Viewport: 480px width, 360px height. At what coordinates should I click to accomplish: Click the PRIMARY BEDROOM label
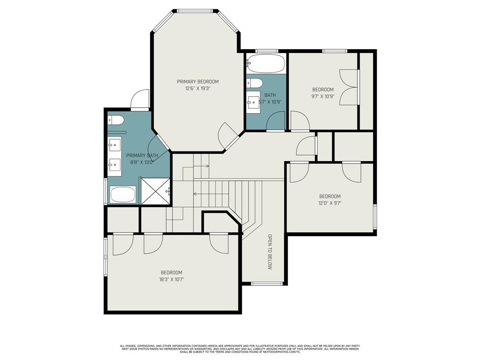click(197, 82)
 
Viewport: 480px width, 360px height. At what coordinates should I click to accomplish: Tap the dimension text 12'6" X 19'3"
click(197, 88)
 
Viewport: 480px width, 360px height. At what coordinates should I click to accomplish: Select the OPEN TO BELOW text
click(270, 252)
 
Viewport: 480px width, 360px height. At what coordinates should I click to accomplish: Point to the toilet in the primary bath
click(116, 120)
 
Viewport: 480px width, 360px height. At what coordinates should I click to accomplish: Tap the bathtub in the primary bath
click(123, 194)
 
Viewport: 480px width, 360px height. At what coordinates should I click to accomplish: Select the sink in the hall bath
click(254, 100)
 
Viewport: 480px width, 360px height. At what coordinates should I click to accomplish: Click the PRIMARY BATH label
click(142, 156)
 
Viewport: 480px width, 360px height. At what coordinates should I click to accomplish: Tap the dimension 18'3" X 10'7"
click(172, 279)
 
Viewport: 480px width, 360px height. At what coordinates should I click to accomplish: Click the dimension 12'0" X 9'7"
click(330, 203)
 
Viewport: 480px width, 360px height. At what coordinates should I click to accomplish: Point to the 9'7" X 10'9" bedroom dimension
click(323, 97)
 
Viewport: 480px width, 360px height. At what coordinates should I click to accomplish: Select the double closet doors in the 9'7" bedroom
click(349, 87)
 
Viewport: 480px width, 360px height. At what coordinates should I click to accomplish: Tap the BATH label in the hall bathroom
click(270, 95)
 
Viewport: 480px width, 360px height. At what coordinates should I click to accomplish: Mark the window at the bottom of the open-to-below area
click(267, 283)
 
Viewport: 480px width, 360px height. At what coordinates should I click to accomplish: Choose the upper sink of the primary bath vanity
click(115, 144)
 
